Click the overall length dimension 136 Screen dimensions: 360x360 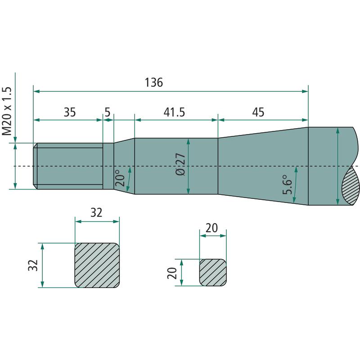(x=154, y=82)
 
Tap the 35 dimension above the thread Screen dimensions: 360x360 (x=70, y=112)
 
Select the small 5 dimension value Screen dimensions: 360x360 (x=108, y=112)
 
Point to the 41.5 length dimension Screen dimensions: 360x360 (x=174, y=112)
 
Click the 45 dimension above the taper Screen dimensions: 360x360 (x=258, y=112)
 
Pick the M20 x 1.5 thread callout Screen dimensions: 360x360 (x=7, y=111)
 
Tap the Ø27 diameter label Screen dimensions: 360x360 (x=180, y=164)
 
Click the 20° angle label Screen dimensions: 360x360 (x=120, y=178)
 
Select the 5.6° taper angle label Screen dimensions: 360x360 (x=288, y=184)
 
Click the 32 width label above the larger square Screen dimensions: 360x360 (x=96, y=212)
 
